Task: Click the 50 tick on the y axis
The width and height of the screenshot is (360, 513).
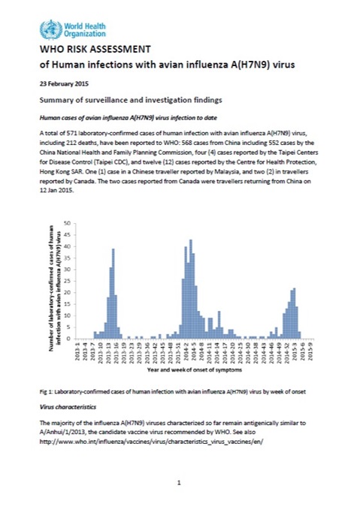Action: click(65, 223)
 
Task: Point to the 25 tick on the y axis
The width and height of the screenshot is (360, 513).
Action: click(65, 281)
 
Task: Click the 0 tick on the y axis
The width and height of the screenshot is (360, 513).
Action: click(67, 339)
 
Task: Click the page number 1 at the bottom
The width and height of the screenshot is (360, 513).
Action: click(180, 482)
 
